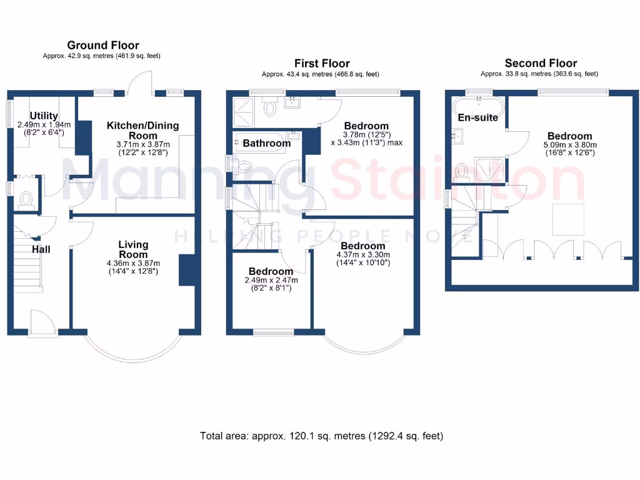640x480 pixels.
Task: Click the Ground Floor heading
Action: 103,45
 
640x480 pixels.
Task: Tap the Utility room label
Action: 44,116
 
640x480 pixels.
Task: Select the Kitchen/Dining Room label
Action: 142,130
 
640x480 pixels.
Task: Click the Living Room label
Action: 134,249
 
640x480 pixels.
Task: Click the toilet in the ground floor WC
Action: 26,199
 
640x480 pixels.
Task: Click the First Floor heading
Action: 322,63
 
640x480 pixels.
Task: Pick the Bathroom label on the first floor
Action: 266,143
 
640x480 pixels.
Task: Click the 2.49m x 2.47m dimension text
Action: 271,280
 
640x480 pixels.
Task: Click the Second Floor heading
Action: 541,63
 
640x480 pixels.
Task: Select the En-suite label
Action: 477,117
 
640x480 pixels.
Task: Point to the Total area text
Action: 321,436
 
